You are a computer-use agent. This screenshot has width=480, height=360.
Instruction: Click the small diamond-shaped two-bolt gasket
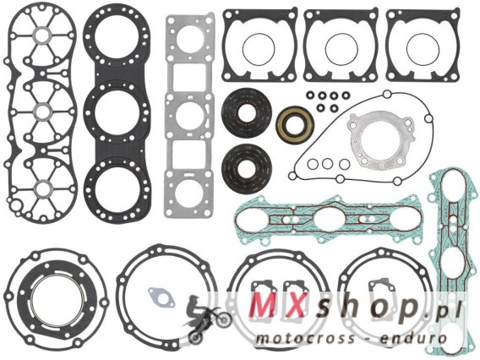tap(161, 297)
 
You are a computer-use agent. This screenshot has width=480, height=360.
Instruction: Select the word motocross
tap(305, 339)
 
